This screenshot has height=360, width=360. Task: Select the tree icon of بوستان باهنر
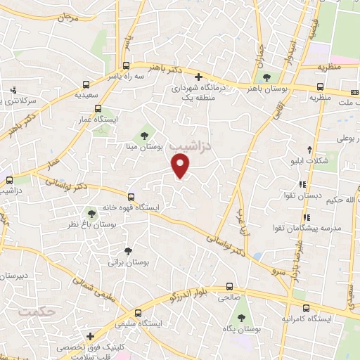point(266,77)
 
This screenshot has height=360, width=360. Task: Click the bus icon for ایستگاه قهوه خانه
point(131,197)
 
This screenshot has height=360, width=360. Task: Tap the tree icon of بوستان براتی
point(127,251)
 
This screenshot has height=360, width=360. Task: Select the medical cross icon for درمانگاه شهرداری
point(198,77)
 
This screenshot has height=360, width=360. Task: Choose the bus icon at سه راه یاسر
point(86,82)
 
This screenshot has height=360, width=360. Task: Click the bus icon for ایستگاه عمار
point(97,109)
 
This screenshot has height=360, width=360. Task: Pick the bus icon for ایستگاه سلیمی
point(136,312)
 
